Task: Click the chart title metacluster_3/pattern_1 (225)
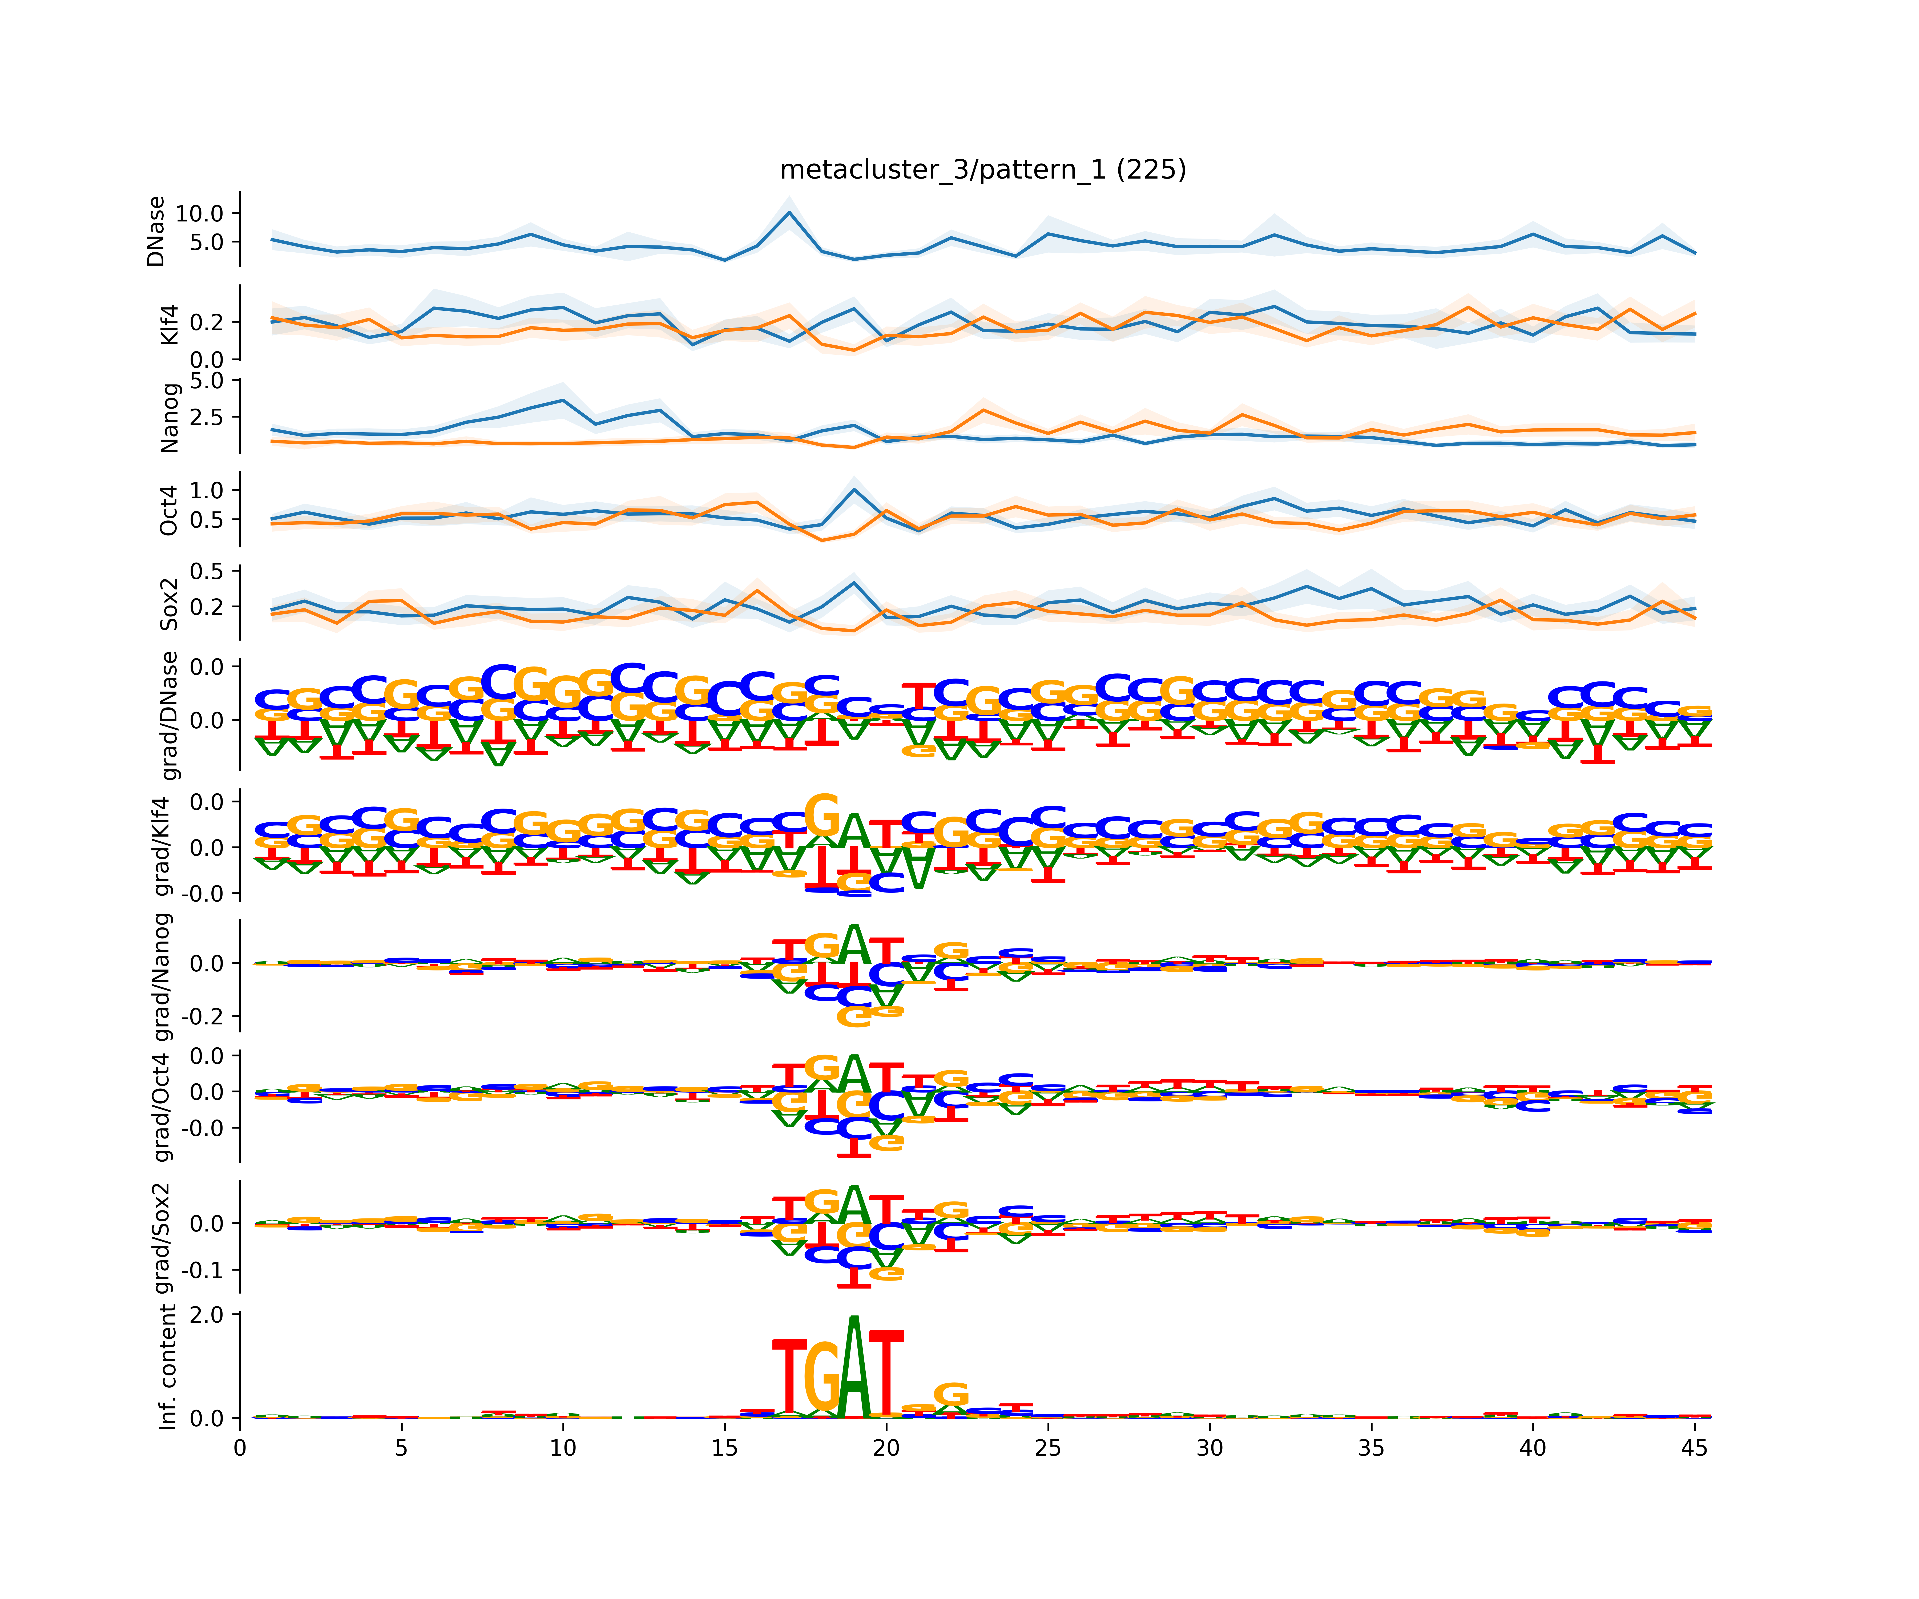click(982, 170)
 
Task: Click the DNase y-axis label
click(156, 231)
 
